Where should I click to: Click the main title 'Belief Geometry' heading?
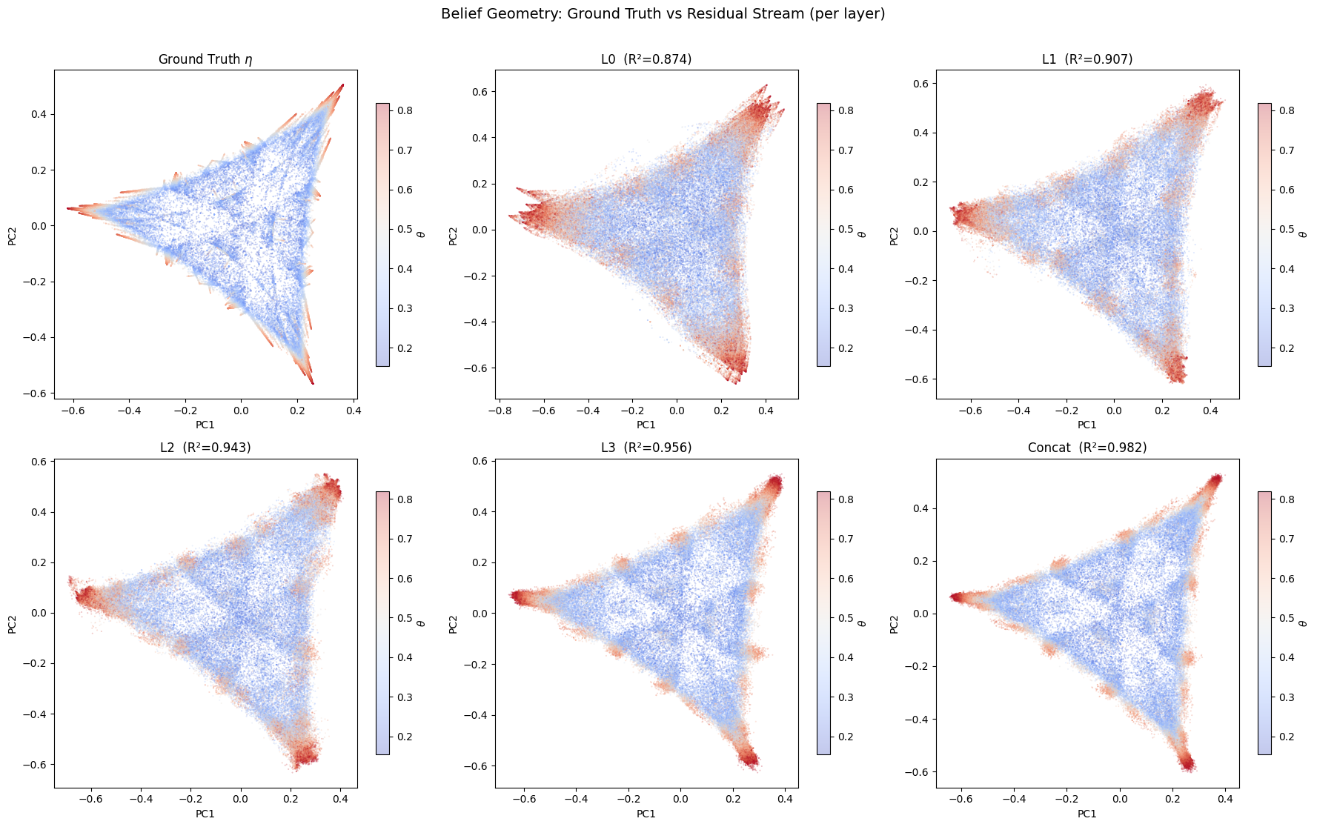click(x=663, y=14)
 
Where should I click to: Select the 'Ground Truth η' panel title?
click(x=205, y=59)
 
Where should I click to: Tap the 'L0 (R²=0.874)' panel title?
click(x=646, y=59)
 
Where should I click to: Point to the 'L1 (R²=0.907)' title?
click(x=1087, y=59)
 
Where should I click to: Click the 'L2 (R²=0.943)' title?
click(x=205, y=448)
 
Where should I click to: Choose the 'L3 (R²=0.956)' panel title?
click(x=646, y=448)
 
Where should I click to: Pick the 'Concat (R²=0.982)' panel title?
click(x=1087, y=448)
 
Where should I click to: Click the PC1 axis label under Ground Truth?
click(x=205, y=425)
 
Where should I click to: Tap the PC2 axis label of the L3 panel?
click(x=453, y=624)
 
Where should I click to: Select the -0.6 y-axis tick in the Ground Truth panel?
click(x=36, y=393)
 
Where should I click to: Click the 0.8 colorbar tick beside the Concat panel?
click(x=1287, y=499)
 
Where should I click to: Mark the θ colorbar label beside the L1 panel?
click(x=1303, y=234)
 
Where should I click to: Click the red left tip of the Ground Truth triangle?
click(x=68, y=208)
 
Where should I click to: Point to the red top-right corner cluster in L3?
click(x=774, y=485)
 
